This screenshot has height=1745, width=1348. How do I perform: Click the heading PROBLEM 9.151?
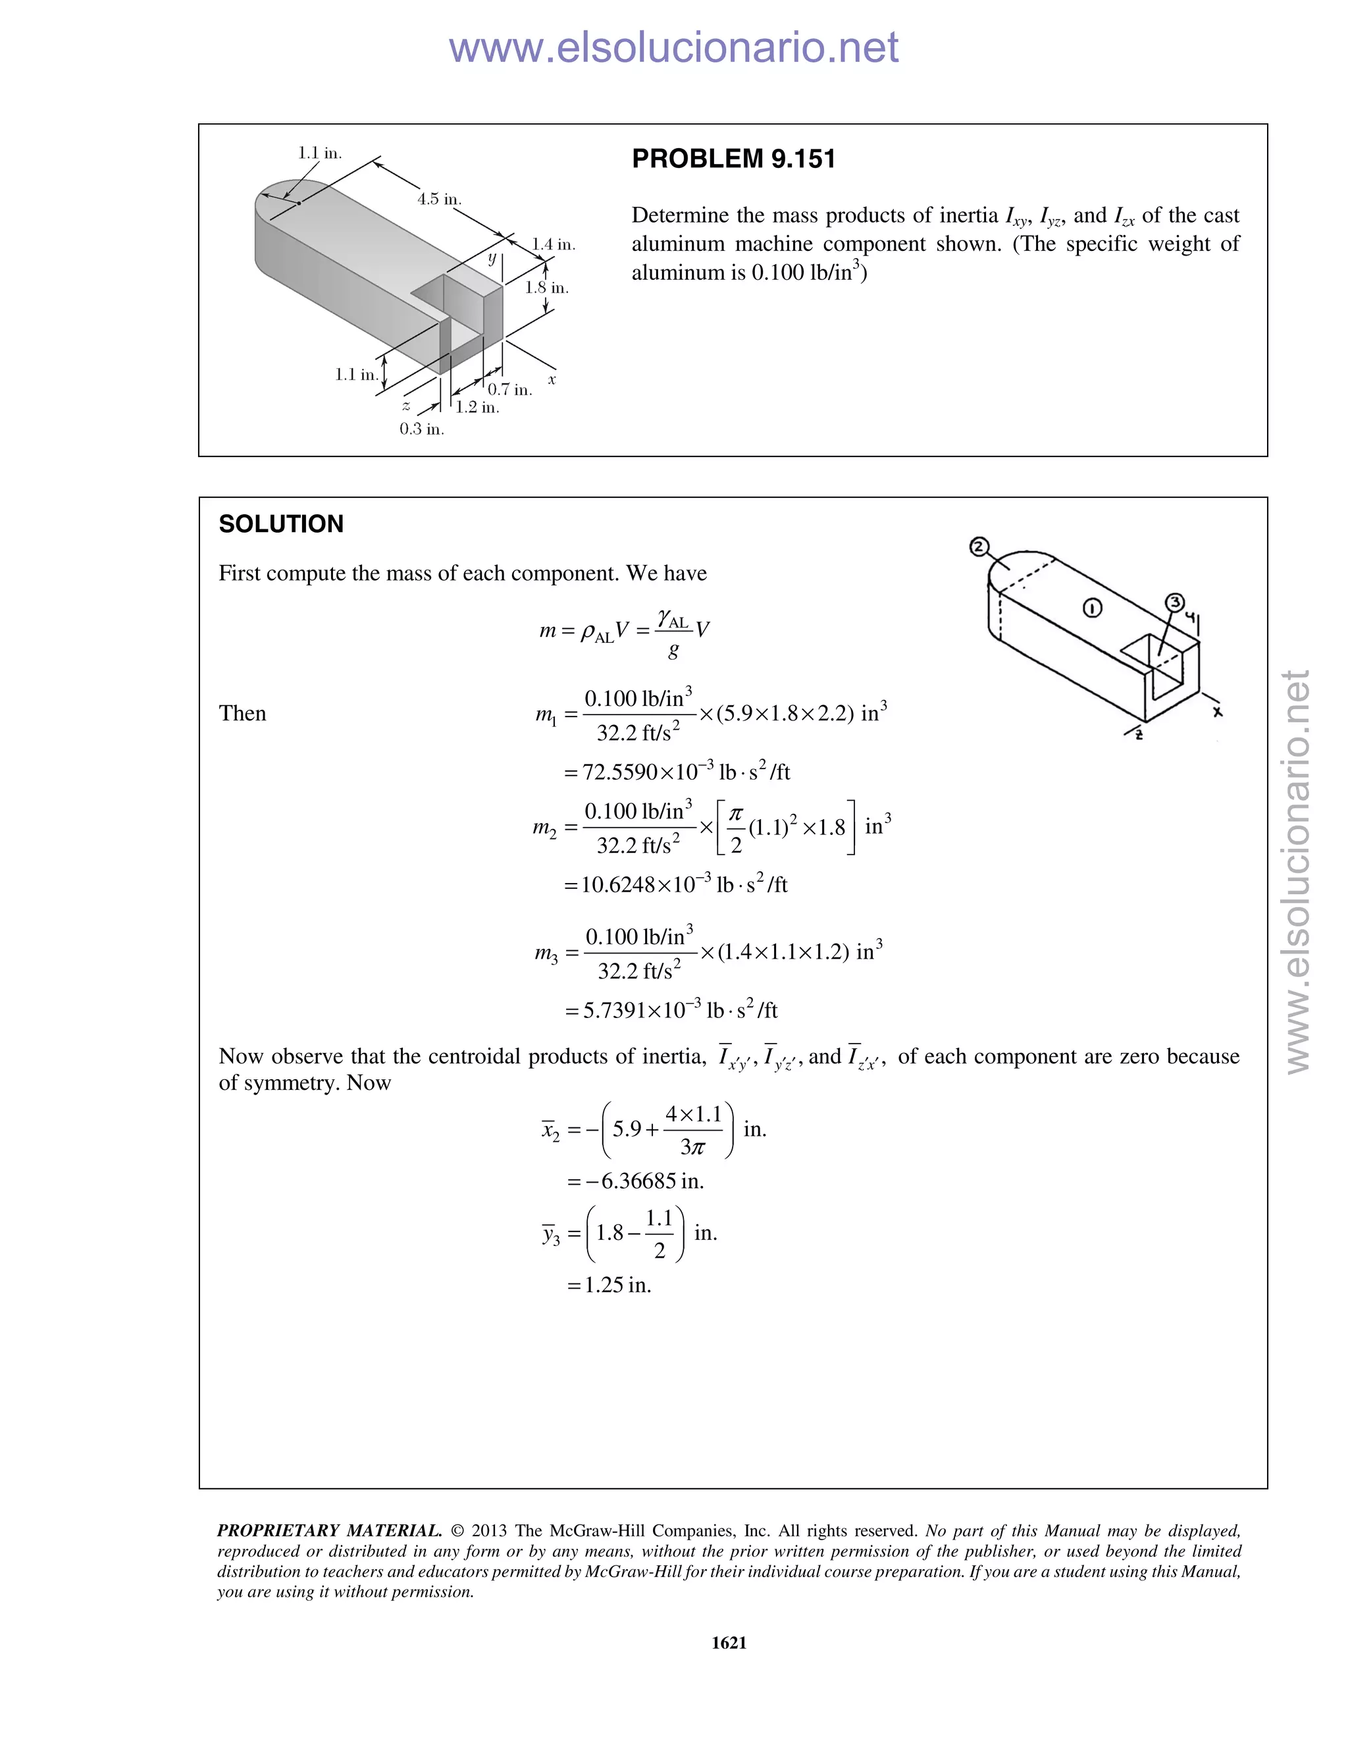(733, 159)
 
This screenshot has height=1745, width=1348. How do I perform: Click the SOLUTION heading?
(281, 524)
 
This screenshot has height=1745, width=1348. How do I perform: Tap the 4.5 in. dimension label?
(439, 199)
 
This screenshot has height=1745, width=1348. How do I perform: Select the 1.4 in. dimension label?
(554, 244)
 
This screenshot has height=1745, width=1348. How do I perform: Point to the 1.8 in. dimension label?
(547, 288)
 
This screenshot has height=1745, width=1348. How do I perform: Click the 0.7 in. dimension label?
(509, 390)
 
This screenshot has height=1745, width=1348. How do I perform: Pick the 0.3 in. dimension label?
(422, 429)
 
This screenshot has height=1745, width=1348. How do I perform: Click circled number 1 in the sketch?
(1093, 609)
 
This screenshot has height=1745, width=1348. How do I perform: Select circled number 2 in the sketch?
(978, 547)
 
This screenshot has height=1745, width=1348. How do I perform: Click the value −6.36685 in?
(636, 1181)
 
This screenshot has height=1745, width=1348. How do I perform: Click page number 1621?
(729, 1643)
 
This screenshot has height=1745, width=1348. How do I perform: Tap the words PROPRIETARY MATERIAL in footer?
(329, 1531)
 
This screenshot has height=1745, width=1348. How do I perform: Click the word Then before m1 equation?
(242, 714)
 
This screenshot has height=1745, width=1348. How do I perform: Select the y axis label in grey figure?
(492, 259)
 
